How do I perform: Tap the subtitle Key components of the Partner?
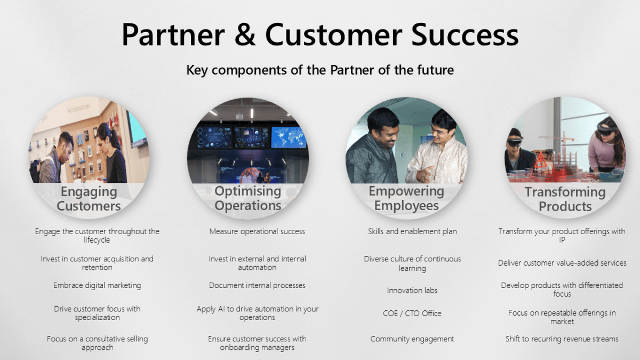point(320,70)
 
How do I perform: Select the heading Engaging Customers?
point(89,198)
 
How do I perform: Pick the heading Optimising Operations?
point(248,198)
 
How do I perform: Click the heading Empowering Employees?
point(406,198)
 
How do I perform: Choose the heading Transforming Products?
point(565,199)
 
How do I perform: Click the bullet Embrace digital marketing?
point(97,285)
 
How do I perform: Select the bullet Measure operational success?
point(257,231)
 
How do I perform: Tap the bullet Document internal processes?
point(257,285)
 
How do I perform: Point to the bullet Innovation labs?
point(412,291)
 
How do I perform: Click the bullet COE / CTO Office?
point(412,313)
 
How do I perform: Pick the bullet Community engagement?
point(412,339)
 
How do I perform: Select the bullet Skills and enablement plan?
point(412,231)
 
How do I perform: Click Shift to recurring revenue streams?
point(562,339)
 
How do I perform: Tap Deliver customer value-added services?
point(562,262)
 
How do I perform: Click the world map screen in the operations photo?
point(289,137)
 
